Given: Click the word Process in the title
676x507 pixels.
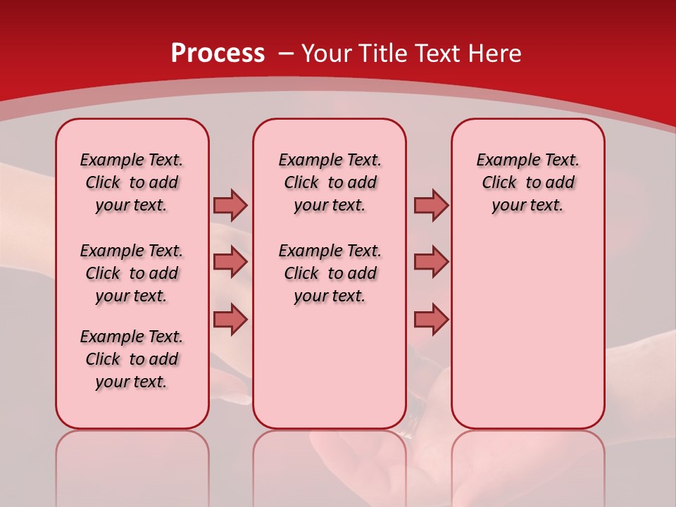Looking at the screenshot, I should [x=218, y=54].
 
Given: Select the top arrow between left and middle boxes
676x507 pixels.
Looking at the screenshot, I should [x=230, y=205].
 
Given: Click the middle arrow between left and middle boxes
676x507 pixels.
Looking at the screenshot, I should [x=230, y=262].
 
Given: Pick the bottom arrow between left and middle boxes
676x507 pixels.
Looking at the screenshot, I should [x=230, y=319].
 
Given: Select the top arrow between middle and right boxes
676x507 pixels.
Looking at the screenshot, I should [x=431, y=205].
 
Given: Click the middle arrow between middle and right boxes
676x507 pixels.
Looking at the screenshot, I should [x=431, y=262].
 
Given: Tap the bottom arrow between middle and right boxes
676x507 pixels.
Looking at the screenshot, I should [x=431, y=319].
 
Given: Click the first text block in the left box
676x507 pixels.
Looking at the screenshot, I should [x=132, y=182].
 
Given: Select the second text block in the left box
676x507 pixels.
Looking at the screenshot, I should [x=132, y=273].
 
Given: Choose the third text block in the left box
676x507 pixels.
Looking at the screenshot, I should [x=132, y=359].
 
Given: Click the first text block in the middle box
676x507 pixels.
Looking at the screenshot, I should [x=330, y=182].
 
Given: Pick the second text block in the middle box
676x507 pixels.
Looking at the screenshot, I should [x=330, y=273].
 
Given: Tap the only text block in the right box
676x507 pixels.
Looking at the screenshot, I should [x=528, y=182].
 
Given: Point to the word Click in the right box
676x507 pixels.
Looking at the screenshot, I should [x=499, y=183].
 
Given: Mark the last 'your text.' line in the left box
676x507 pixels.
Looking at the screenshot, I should [x=132, y=382].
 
